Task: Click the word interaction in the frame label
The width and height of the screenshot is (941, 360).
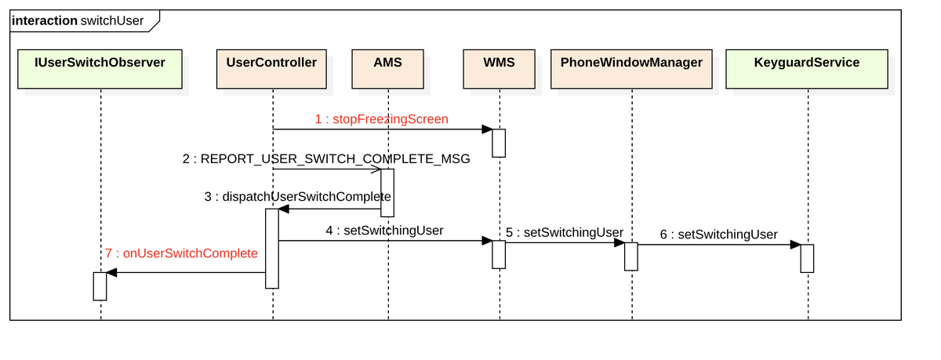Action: coord(44,21)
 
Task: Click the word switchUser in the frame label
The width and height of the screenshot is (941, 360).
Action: coord(112,21)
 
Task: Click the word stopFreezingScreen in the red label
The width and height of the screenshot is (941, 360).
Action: coord(391,120)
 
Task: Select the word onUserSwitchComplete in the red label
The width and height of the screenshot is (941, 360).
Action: coord(191,254)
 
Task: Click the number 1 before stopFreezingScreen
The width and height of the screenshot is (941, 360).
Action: coord(318,120)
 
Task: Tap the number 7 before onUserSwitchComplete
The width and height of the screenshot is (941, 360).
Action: coord(108,254)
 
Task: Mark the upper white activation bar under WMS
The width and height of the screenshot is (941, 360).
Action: coord(499,143)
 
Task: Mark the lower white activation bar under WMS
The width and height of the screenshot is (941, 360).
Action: coord(499,255)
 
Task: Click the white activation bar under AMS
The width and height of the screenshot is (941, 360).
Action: coord(387,192)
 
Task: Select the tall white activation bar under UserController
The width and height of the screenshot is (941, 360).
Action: coord(271,248)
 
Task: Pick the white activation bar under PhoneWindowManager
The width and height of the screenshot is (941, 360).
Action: coord(630,256)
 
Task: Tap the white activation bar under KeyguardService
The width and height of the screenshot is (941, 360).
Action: coord(807,258)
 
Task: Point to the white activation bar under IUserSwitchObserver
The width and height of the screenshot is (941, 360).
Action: coord(100,286)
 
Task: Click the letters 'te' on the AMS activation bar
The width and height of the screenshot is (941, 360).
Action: coord(386,197)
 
